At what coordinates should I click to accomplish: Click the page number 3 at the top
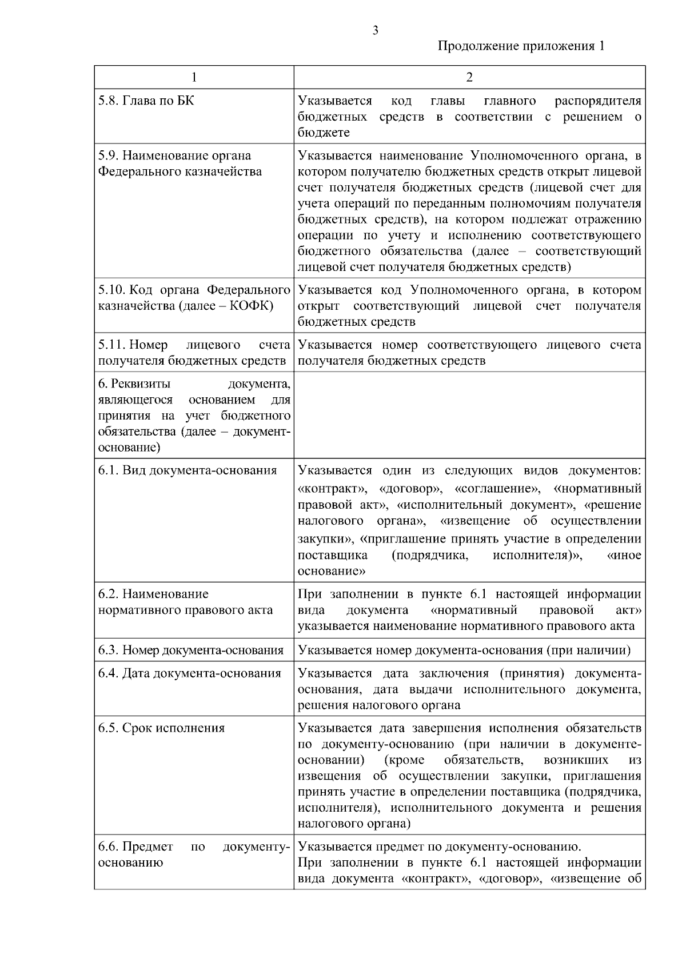click(x=375, y=31)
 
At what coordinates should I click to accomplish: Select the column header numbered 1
click(x=194, y=77)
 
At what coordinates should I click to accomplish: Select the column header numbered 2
click(x=469, y=77)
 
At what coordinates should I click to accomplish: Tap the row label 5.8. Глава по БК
click(x=146, y=101)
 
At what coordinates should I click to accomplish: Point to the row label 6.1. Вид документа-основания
click(x=188, y=470)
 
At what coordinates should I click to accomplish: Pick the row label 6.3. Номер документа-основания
click(x=191, y=650)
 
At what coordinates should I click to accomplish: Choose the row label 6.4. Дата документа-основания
click(x=190, y=673)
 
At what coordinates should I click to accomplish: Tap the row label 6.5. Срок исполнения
click(x=161, y=728)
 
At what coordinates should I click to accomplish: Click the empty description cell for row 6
click(x=469, y=414)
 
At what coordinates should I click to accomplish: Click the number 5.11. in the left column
click(x=111, y=345)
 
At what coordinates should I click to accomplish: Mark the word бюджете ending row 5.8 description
click(x=324, y=133)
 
